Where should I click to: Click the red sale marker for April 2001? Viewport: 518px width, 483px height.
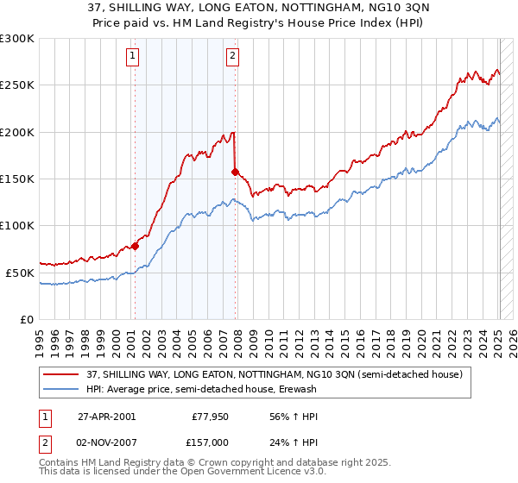click(x=135, y=246)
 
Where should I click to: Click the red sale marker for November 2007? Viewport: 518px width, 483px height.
click(x=235, y=172)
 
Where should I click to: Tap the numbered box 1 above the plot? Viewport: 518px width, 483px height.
click(x=133, y=57)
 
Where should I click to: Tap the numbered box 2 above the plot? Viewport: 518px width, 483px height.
click(x=233, y=57)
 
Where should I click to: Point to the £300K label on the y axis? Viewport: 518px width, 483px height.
click(x=17, y=39)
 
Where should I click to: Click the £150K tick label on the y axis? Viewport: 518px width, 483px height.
click(x=17, y=179)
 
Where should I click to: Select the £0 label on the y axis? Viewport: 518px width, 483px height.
click(x=25, y=319)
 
